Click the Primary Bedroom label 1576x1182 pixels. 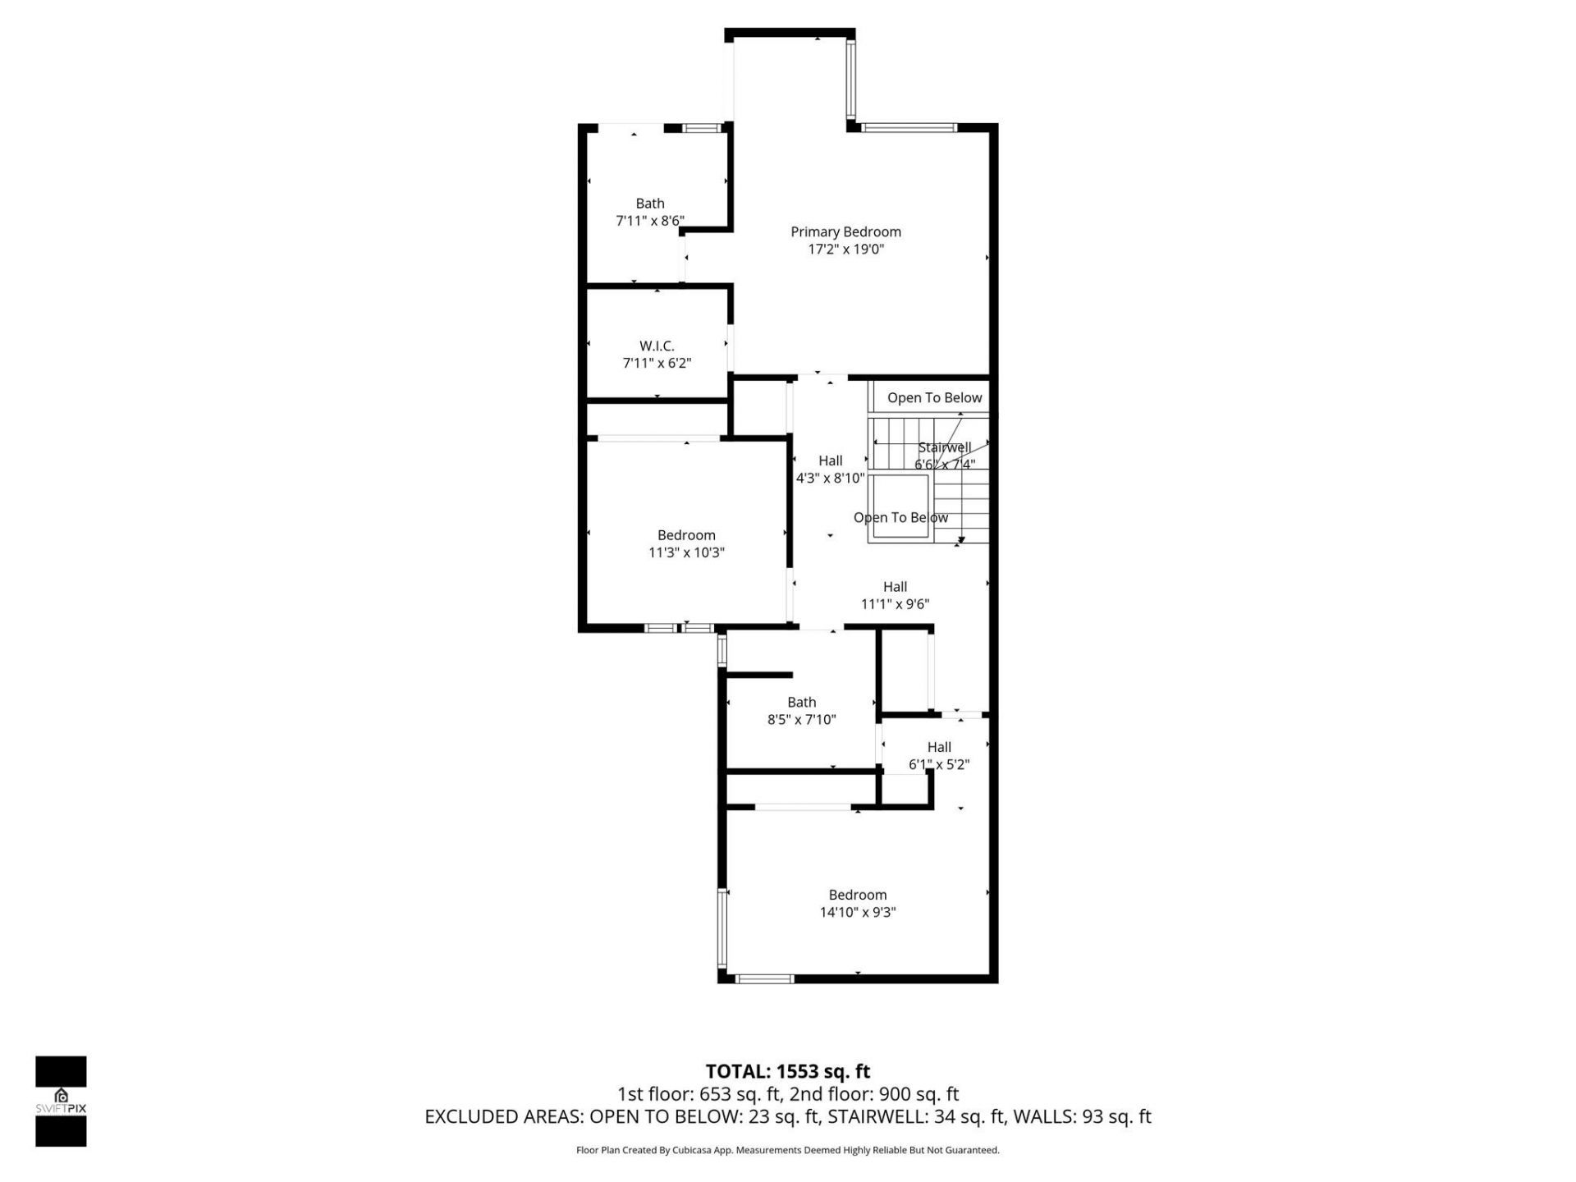click(x=845, y=231)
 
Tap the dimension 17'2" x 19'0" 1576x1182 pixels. click(x=845, y=250)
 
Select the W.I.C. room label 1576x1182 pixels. click(x=657, y=346)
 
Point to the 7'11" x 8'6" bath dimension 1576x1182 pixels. click(x=649, y=221)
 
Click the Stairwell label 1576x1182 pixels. click(x=944, y=447)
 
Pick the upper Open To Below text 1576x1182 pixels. click(x=934, y=397)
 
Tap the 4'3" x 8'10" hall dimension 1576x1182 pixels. click(x=830, y=478)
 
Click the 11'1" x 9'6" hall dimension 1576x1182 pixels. click(x=895, y=604)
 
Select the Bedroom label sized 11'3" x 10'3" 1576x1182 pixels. click(x=686, y=535)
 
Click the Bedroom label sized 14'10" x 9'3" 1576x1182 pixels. click(x=857, y=895)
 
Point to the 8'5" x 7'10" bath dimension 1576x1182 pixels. click(x=801, y=720)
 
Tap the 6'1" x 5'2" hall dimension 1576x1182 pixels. click(x=938, y=764)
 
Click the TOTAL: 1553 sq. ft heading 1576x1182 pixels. click(x=787, y=1071)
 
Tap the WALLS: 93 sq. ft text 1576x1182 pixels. click(x=1082, y=1116)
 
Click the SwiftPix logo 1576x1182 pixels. click(x=61, y=1101)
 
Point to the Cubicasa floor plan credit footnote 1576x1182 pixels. click(x=787, y=1150)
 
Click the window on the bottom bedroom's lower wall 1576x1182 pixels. click(x=764, y=978)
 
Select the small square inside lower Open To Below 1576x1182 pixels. click(x=900, y=506)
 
